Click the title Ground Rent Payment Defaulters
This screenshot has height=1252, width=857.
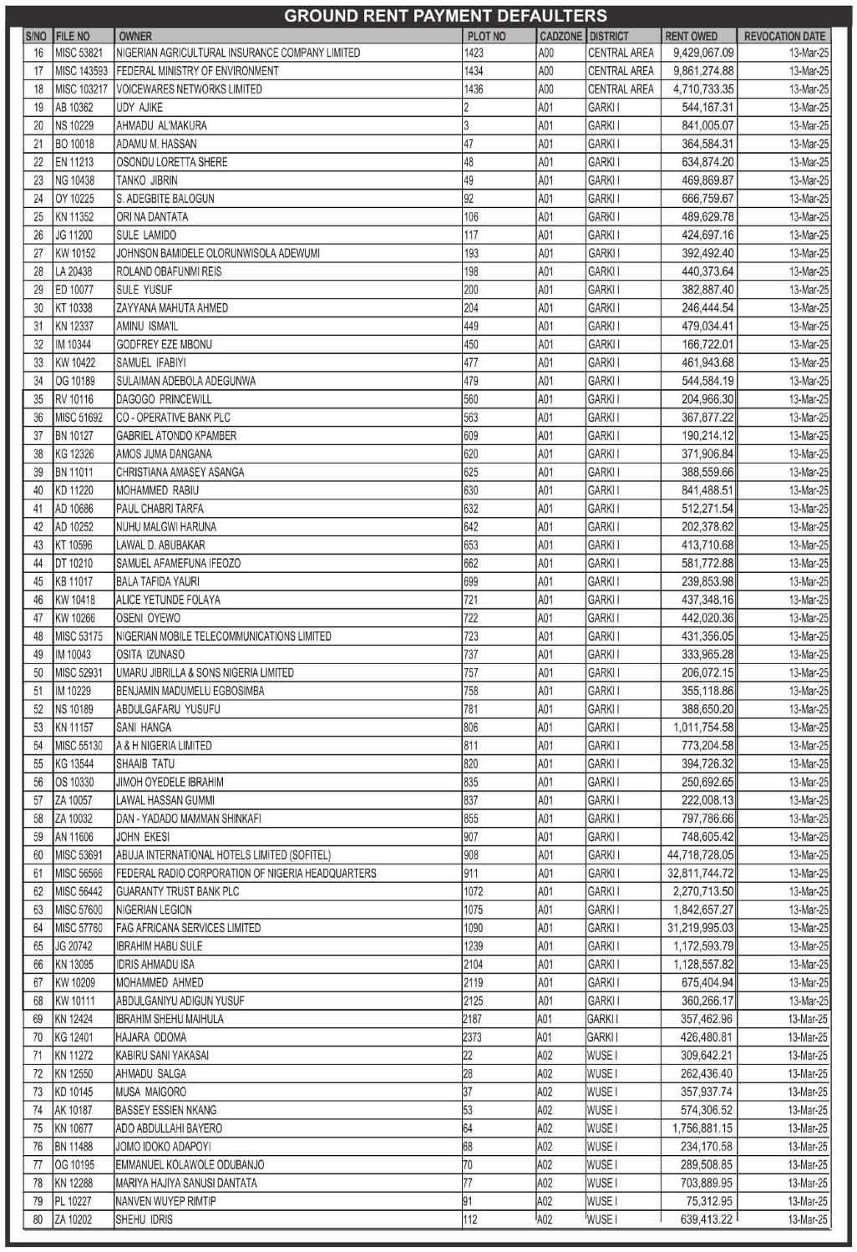[x=445, y=16]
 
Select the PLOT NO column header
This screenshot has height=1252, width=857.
[x=486, y=36]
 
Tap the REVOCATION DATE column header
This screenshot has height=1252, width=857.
[x=783, y=36]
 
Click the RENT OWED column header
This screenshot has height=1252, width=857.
[x=691, y=36]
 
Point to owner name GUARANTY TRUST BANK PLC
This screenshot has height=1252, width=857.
[x=177, y=891]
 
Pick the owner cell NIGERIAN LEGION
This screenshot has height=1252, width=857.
[x=154, y=910]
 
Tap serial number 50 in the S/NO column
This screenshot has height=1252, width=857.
[x=38, y=672]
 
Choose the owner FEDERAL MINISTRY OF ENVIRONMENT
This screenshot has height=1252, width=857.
[x=197, y=71]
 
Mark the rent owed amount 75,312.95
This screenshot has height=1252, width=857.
[x=707, y=1201]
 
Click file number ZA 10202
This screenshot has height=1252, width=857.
[x=74, y=1219]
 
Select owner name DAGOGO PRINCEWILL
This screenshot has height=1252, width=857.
[x=164, y=399]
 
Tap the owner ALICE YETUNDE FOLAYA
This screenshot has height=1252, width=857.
[x=168, y=600]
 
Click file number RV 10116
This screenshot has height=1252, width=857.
[x=74, y=399]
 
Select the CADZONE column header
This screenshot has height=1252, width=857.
[x=560, y=36]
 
